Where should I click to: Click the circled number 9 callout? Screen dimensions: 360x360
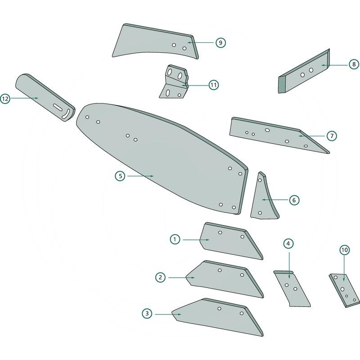click(220, 43)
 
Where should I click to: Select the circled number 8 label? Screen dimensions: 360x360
click(354, 64)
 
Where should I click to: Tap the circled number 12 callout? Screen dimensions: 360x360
click(5, 99)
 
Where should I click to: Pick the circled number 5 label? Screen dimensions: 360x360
click(120, 176)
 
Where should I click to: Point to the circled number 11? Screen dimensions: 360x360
click(213, 85)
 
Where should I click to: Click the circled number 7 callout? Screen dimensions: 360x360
click(332, 136)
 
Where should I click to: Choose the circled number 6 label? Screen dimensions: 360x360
click(294, 200)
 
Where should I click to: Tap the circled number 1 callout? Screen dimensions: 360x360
click(175, 239)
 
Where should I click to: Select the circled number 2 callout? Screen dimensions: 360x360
click(160, 277)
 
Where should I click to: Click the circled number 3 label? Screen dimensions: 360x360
click(147, 314)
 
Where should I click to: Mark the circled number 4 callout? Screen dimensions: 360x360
click(288, 243)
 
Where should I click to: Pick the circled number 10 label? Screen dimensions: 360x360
click(345, 250)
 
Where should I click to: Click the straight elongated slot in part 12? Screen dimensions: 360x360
click(58, 107)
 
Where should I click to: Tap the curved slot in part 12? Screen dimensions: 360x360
click(66, 114)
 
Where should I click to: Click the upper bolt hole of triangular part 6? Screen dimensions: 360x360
click(260, 180)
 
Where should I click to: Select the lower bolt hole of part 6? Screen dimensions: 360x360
click(260, 213)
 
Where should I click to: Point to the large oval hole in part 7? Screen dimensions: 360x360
click(267, 130)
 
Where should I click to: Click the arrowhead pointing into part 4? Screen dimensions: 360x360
click(289, 277)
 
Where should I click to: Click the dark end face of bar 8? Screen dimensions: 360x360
click(282, 85)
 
